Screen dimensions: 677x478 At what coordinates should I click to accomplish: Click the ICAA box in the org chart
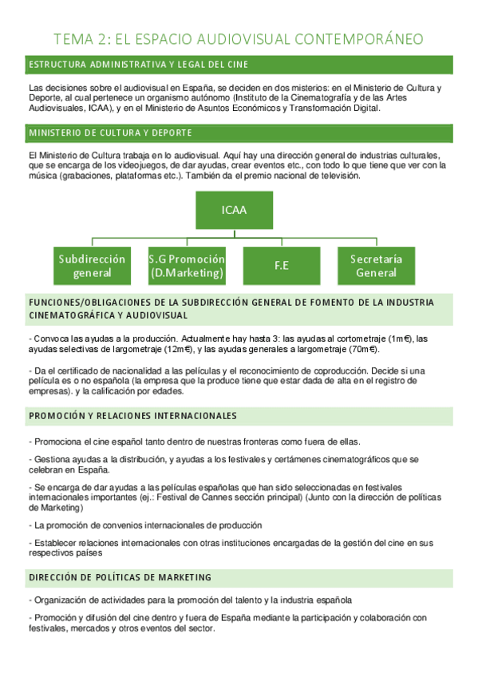234,211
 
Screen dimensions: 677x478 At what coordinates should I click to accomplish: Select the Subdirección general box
92,266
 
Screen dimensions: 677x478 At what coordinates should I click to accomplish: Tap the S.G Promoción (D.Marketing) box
187,266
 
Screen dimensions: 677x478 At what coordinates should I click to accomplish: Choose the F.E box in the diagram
281,266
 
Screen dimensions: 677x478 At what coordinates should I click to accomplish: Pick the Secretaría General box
376,266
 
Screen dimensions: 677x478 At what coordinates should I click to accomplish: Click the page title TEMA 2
238,39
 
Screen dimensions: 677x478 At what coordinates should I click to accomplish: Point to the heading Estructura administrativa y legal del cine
137,64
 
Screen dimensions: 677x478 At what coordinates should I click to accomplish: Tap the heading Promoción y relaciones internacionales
132,416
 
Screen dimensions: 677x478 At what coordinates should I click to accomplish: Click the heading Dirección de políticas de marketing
120,576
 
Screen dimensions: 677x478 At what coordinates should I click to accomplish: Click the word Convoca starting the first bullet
51,338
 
